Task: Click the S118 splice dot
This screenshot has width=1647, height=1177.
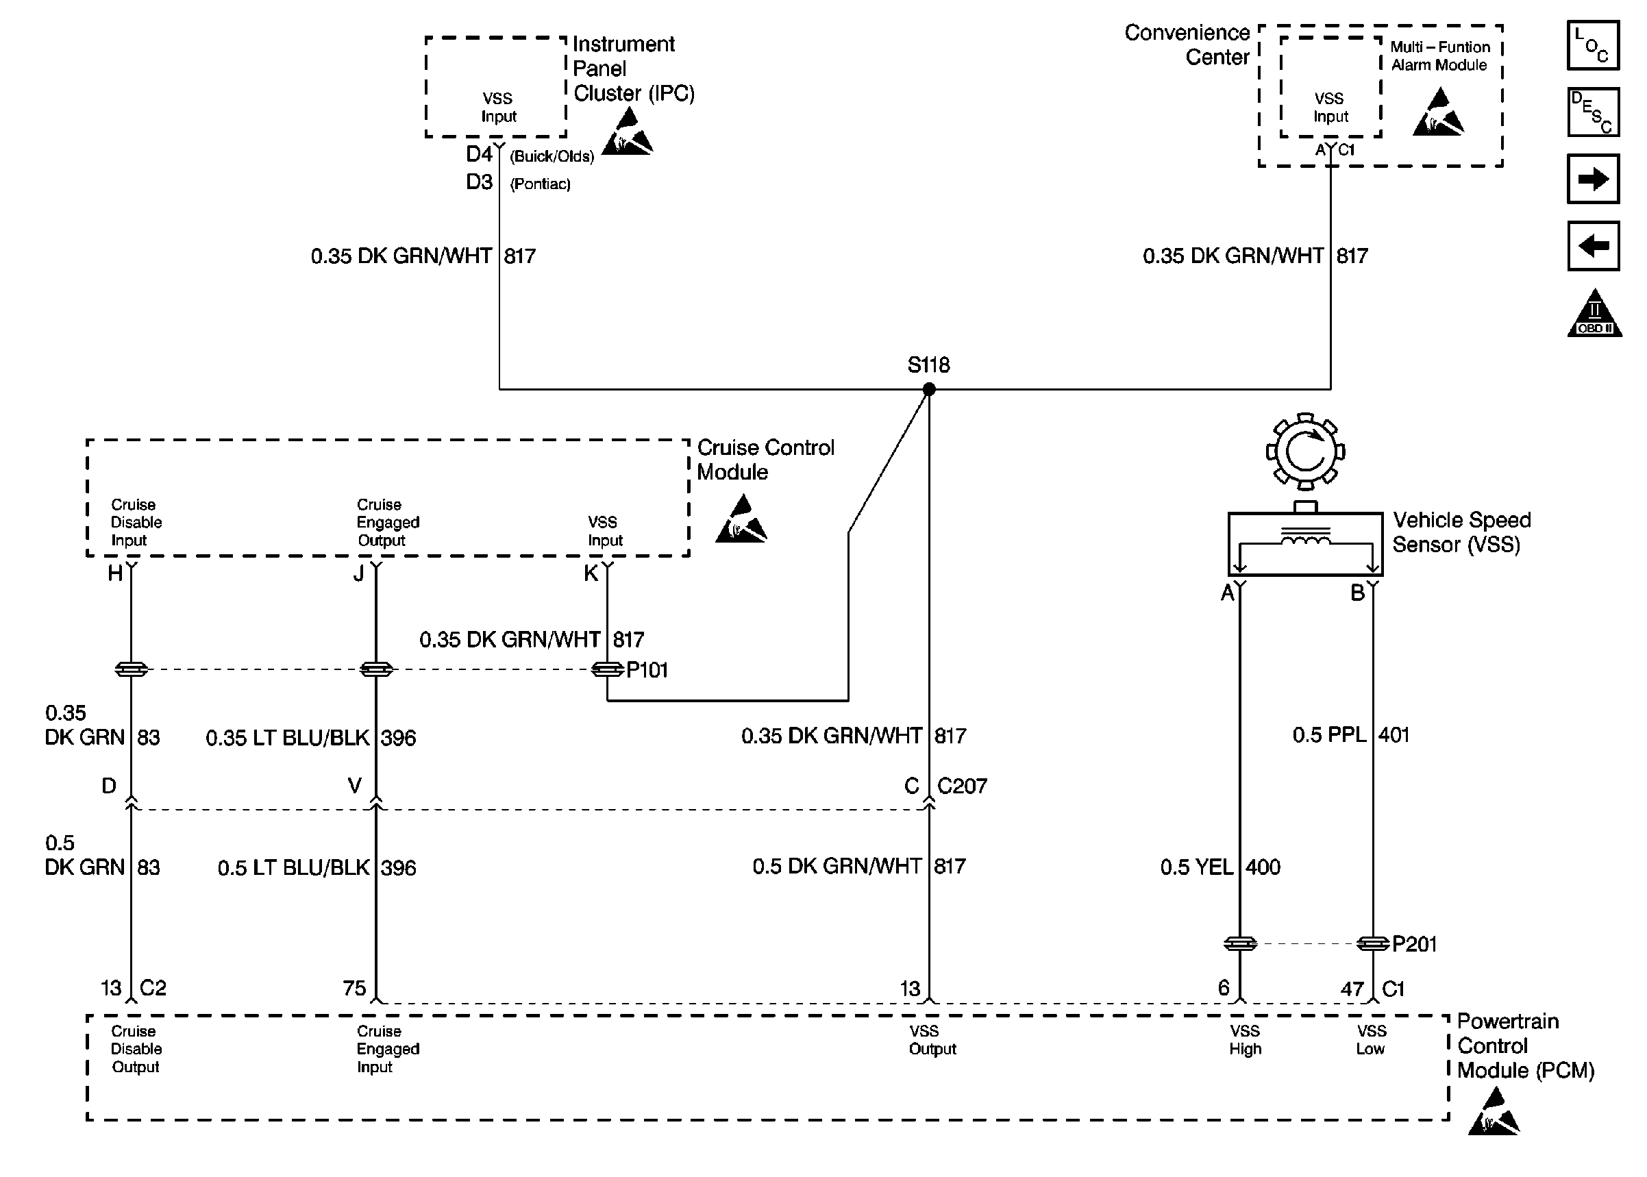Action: (928, 389)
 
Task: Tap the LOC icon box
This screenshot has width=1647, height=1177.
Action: (1592, 45)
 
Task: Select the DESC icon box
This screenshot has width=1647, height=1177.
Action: (1592, 112)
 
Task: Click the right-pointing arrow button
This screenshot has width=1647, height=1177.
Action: (1592, 179)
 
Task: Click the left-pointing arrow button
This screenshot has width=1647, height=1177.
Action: (1592, 246)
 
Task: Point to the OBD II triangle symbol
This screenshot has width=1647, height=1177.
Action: (1594, 316)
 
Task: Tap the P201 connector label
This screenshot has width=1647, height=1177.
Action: (1413, 943)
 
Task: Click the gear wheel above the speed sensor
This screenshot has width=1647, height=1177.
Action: (1305, 451)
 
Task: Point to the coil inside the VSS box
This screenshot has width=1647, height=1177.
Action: (1305, 538)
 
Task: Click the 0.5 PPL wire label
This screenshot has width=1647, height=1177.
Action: (1329, 735)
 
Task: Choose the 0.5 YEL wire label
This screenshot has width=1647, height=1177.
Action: (1196, 867)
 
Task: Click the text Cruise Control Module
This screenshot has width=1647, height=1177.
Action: (765, 460)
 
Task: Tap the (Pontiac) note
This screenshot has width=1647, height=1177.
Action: (540, 184)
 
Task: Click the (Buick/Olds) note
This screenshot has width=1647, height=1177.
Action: (552, 157)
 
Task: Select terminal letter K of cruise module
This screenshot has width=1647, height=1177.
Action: (591, 574)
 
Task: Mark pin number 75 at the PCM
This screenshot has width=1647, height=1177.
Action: (354, 988)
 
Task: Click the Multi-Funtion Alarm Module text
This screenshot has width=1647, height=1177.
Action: (1439, 55)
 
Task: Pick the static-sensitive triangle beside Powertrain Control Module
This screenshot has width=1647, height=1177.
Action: (1494, 1113)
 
